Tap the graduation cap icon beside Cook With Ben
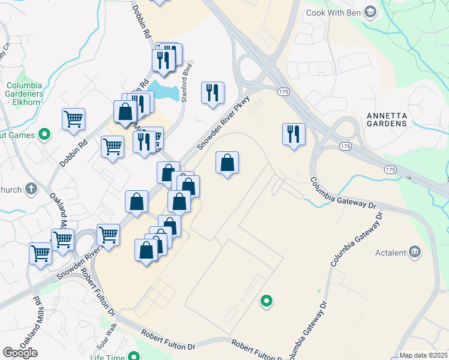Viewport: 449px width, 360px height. coord(370,11)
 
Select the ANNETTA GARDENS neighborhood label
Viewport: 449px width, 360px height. coord(387,119)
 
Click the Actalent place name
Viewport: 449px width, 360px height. coord(391,253)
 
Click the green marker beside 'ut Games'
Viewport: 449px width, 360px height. coord(43,135)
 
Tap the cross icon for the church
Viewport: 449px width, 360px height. coord(32,190)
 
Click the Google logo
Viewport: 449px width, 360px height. coord(20,353)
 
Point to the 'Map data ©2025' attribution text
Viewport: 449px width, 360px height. coord(423,355)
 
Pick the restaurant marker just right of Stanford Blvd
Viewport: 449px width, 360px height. coord(212,93)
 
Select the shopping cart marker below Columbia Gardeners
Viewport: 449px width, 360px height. coord(73,119)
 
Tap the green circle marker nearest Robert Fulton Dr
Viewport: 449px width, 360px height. coord(266,301)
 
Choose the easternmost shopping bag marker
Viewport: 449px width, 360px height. coord(227,163)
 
